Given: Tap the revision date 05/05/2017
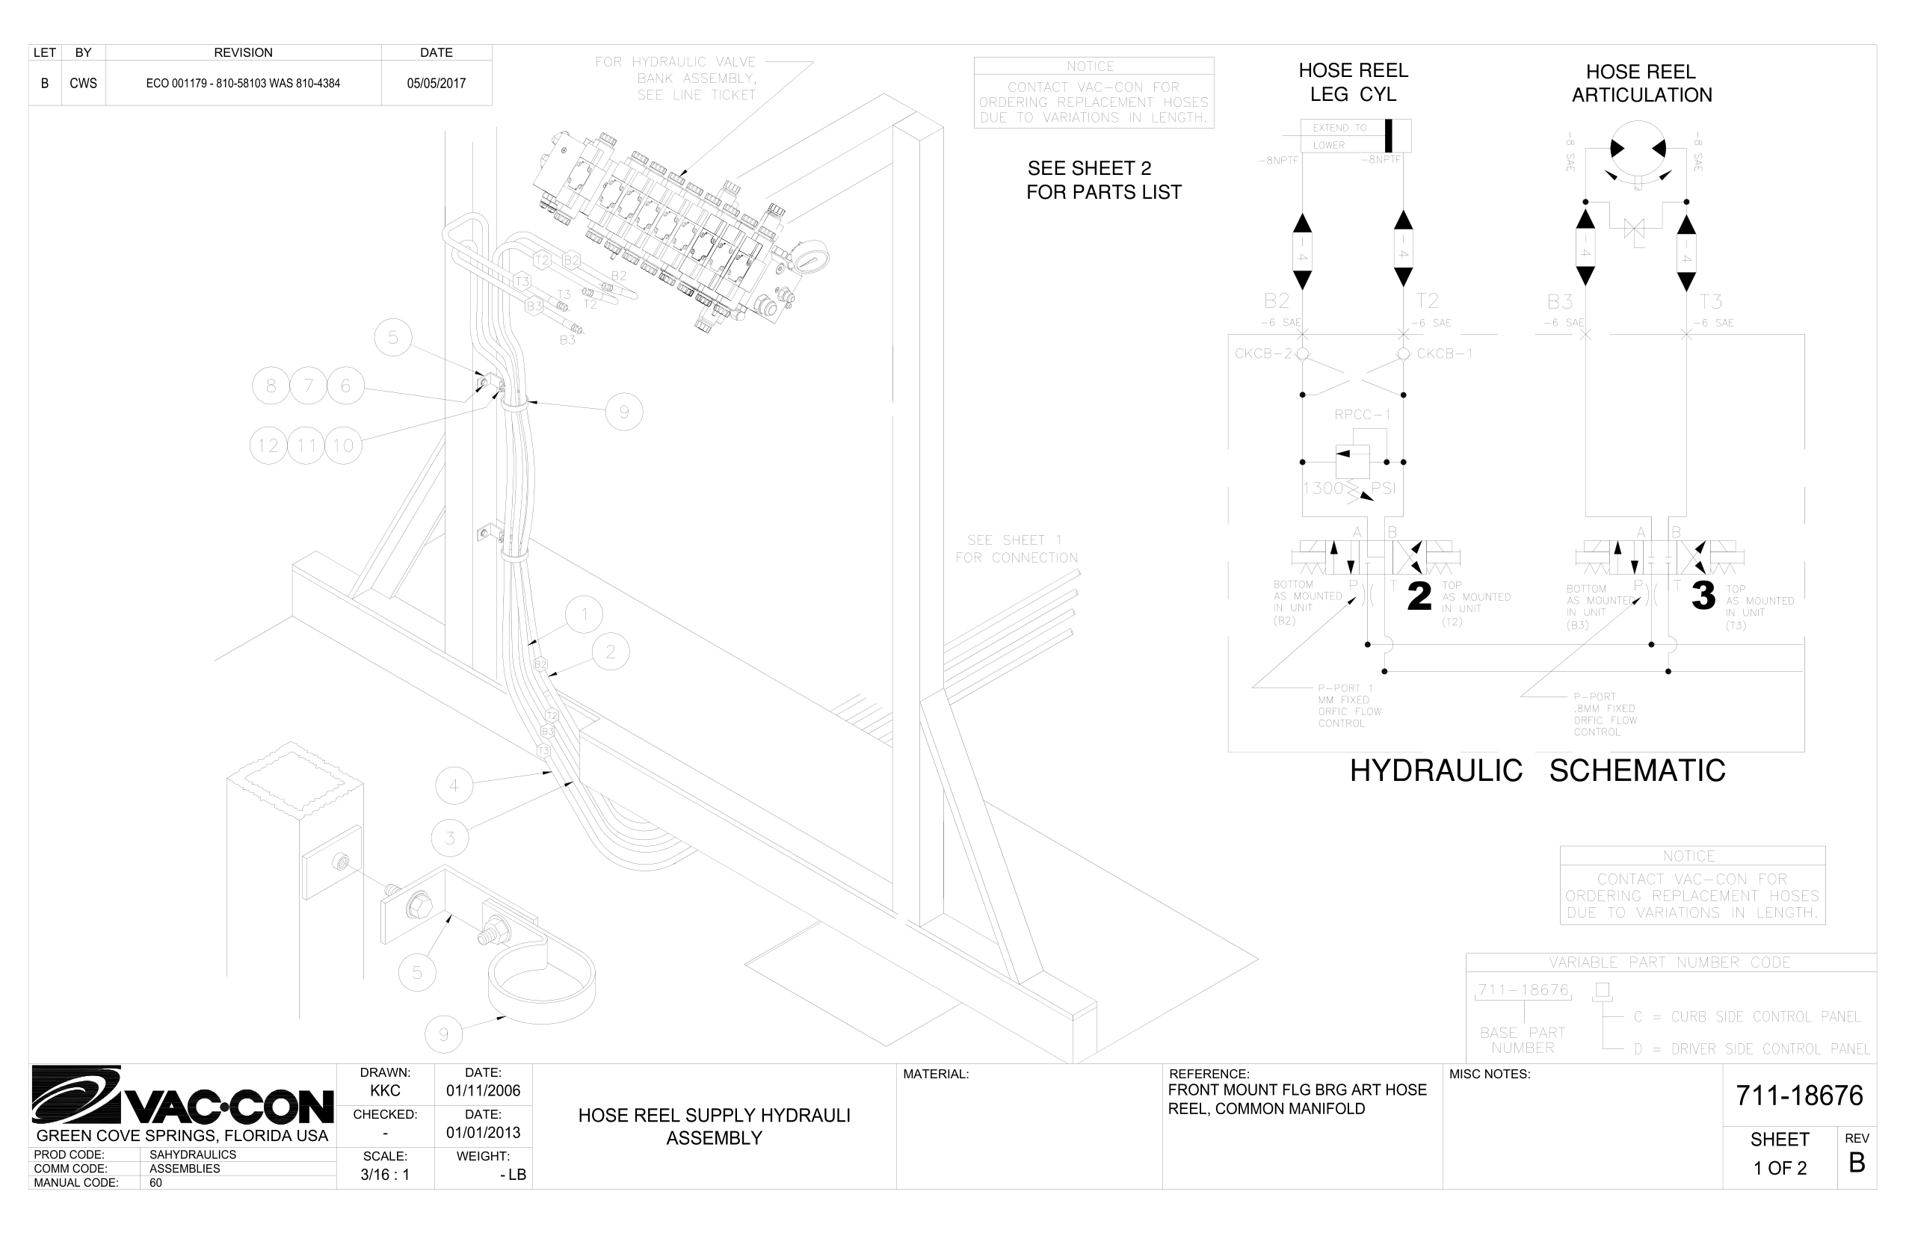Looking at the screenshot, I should (x=436, y=83).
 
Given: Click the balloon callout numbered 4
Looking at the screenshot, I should (x=454, y=785).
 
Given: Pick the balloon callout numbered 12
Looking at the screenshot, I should (x=268, y=445).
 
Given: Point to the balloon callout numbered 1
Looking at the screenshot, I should (x=584, y=615).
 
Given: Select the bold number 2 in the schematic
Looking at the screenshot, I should (x=1419, y=596).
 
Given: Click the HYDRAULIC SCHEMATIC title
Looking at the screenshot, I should (x=1537, y=770).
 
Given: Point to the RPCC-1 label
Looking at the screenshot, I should (x=1362, y=415).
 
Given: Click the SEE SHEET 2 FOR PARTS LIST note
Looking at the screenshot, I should (x=1102, y=180).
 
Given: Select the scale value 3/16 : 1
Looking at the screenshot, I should (x=384, y=1175).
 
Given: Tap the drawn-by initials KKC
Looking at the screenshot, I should (x=385, y=1090).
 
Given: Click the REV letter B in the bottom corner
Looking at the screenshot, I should (x=1857, y=1163).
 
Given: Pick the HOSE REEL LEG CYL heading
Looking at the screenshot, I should (x=1353, y=81).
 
